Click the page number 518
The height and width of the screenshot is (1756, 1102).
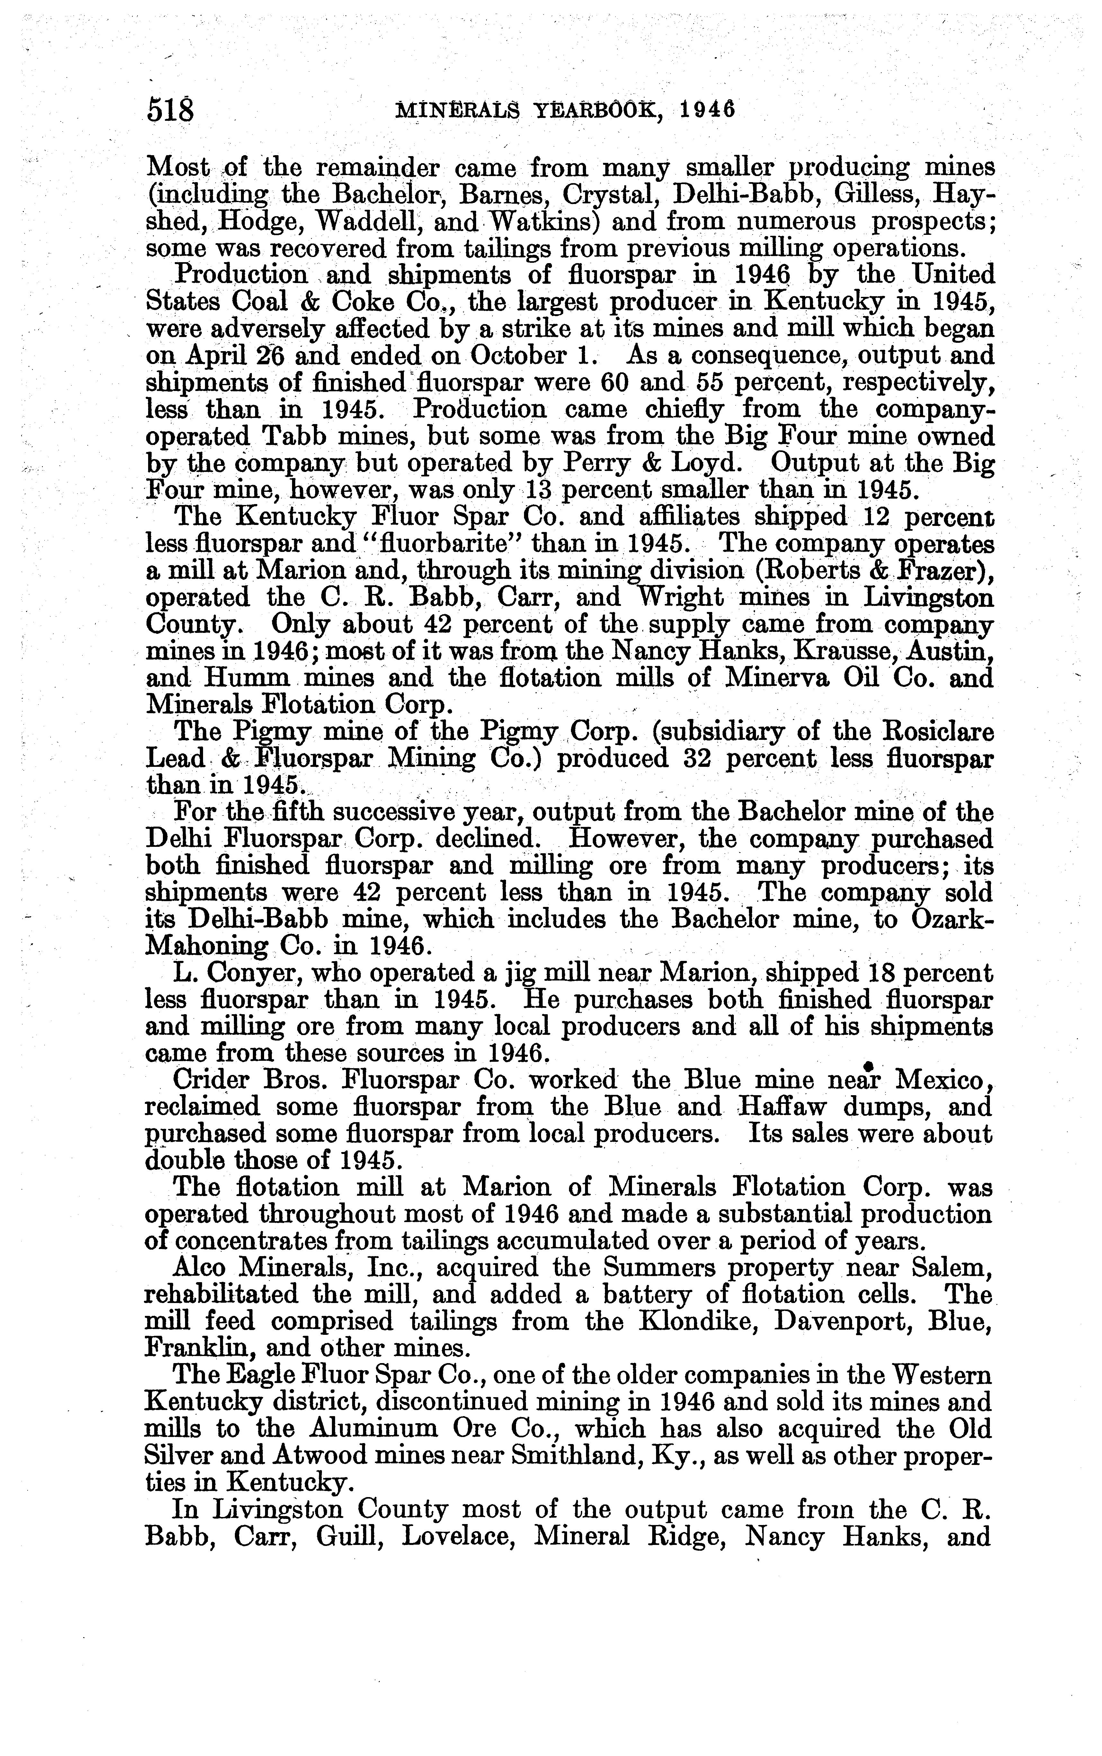(171, 110)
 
